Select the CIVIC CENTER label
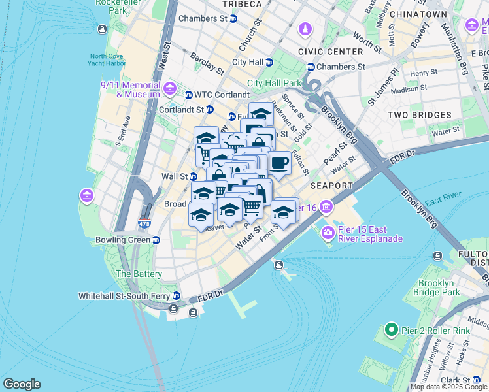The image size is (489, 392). click(330, 52)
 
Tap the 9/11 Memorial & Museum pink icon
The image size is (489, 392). click(170, 88)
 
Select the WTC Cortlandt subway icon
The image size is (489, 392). click(189, 95)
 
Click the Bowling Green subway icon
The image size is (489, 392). click(156, 240)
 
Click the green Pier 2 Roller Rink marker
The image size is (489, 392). click(391, 330)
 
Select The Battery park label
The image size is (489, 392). click(139, 274)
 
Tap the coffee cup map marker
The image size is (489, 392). click(280, 163)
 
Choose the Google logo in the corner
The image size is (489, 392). click(22, 384)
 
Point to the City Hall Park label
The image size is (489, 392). click(275, 83)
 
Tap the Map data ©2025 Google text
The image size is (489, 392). click(448, 387)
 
